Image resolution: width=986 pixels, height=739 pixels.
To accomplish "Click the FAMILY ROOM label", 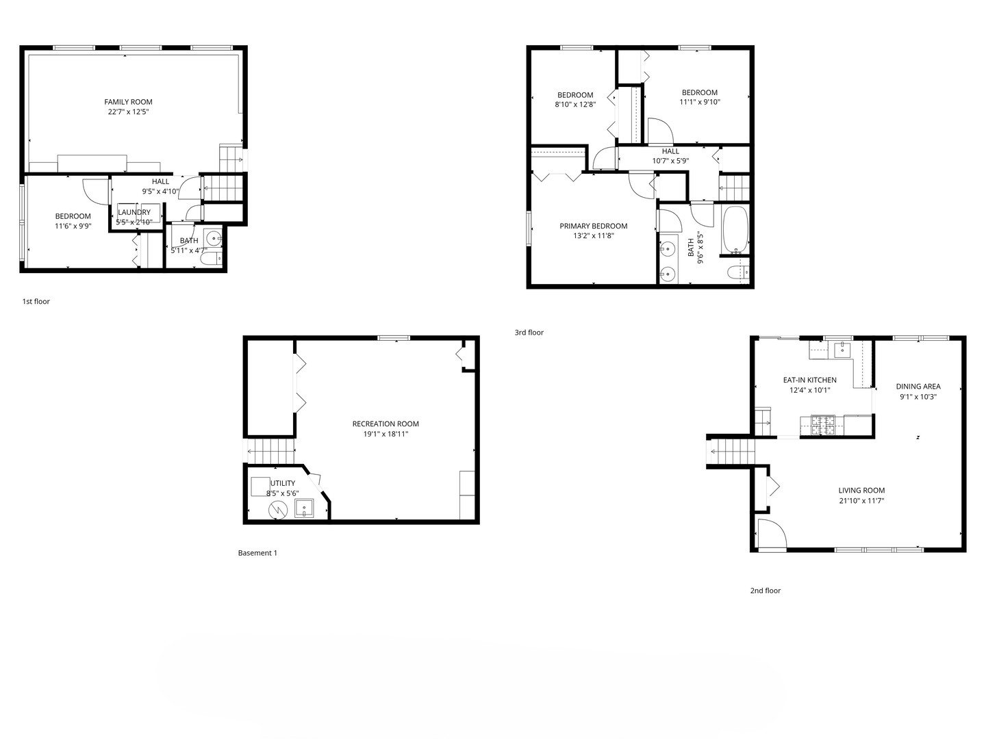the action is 128,102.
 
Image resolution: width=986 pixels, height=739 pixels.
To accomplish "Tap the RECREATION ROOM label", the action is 385,424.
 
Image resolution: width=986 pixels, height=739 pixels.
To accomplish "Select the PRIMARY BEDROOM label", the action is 594,226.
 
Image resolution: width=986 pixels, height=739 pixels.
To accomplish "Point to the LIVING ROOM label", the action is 861,491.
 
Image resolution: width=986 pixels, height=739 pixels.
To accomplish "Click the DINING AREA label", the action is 918,387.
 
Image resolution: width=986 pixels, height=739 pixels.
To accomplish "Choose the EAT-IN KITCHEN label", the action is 810,380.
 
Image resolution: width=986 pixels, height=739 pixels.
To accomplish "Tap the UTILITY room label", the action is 283,483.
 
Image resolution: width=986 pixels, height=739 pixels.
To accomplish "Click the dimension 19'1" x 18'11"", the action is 385,434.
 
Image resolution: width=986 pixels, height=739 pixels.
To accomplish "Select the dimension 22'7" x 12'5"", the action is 128,112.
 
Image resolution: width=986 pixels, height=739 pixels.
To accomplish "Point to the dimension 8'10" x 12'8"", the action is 575,105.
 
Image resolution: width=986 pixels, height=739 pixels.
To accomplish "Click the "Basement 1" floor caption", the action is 257,553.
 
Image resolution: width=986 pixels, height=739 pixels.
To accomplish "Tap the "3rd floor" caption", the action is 529,333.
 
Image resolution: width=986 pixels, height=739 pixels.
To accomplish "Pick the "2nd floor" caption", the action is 766,591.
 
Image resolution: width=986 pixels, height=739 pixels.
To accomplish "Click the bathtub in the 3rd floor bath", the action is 735,230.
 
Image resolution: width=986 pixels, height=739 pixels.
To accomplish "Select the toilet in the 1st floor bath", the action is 211,259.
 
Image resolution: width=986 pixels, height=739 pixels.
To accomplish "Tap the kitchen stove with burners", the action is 822,426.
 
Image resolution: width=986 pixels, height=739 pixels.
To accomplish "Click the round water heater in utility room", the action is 277,510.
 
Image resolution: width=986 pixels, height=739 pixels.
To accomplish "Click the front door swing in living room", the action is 772,534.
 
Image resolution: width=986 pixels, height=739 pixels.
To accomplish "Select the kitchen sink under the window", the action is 843,349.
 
